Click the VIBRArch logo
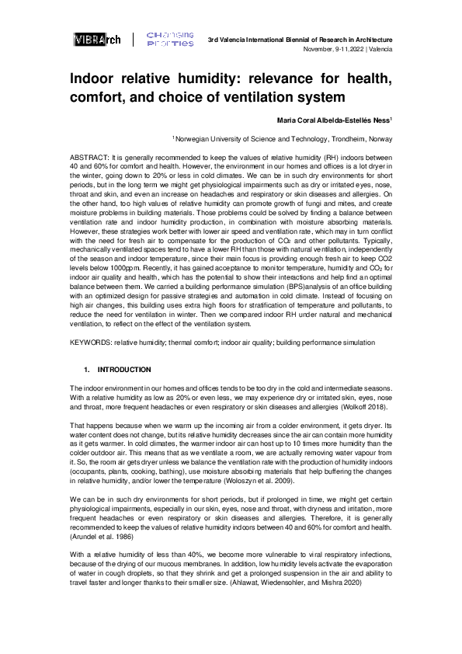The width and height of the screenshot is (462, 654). point(96,40)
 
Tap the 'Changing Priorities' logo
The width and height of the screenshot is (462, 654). point(171,40)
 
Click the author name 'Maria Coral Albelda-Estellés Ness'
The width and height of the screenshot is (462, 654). point(333,120)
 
